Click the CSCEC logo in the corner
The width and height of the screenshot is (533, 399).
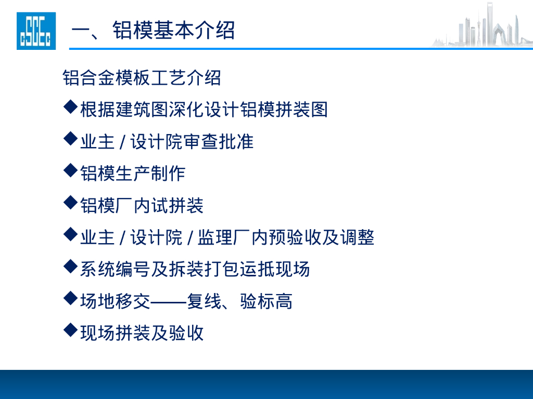point(36,31)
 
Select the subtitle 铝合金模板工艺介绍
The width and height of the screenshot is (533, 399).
point(142,77)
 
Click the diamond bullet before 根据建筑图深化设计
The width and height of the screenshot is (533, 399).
point(70,109)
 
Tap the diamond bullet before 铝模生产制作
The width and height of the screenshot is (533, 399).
point(70,171)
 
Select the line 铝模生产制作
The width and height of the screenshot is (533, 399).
point(133,173)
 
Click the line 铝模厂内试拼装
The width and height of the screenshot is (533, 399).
point(142,205)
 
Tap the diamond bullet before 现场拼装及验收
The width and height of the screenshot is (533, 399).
point(70,331)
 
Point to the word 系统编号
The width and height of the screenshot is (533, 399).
point(115,269)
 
